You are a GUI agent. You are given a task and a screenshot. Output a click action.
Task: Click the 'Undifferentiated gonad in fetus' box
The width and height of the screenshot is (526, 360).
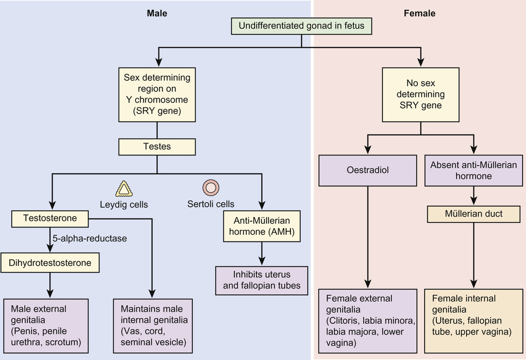pyautogui.click(x=301, y=26)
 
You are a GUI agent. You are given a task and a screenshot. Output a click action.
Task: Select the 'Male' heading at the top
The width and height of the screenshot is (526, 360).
pyautogui.click(x=157, y=13)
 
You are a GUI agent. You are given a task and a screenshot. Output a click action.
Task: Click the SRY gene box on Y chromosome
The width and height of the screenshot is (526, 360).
pyautogui.click(x=157, y=95)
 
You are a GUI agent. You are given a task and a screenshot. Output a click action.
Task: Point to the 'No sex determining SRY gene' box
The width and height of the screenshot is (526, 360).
pyautogui.click(x=421, y=95)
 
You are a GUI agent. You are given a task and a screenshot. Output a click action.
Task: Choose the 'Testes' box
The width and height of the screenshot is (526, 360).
pyautogui.click(x=157, y=147)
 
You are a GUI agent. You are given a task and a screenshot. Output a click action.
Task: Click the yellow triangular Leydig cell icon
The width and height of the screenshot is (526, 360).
pyautogui.click(x=124, y=189)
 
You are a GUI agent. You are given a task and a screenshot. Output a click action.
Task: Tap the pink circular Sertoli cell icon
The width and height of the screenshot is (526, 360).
pyautogui.click(x=211, y=187)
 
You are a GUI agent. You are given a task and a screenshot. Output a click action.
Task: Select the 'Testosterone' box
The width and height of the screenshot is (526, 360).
pyautogui.click(x=50, y=219)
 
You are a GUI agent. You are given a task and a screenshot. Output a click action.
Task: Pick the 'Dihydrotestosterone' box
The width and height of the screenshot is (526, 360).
pyautogui.click(x=50, y=263)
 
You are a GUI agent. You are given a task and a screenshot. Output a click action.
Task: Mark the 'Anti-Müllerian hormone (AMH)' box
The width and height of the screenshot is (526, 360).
pyautogui.click(x=262, y=225)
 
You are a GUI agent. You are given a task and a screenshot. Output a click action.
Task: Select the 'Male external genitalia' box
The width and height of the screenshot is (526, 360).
pyautogui.click(x=46, y=326)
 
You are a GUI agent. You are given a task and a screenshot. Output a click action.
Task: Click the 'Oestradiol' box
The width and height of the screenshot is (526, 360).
pyautogui.click(x=367, y=170)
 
